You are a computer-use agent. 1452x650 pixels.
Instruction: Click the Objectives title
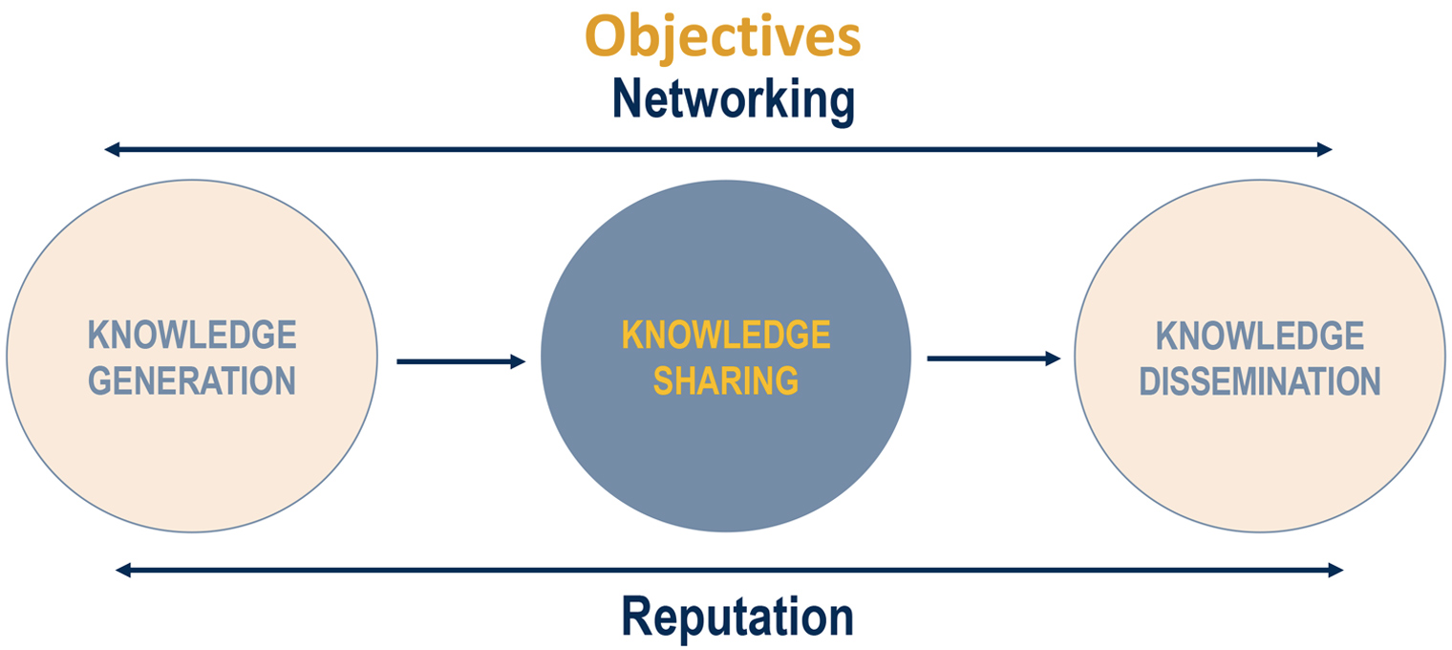pyautogui.click(x=722, y=37)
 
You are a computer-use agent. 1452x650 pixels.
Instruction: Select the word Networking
pyautogui.click(x=733, y=99)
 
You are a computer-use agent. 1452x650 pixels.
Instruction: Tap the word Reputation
pyautogui.click(x=737, y=617)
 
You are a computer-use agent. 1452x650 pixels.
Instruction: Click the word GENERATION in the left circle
pyautogui.click(x=192, y=380)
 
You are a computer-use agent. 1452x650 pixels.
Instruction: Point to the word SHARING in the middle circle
pyautogui.click(x=726, y=380)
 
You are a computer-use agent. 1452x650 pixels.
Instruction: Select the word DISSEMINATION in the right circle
pyautogui.click(x=1259, y=381)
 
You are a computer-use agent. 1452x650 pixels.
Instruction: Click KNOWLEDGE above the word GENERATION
pyautogui.click(x=192, y=336)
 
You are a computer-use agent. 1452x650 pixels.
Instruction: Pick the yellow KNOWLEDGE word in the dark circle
pyautogui.click(x=726, y=336)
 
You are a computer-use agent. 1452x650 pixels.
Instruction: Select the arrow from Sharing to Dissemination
pyautogui.click(x=993, y=358)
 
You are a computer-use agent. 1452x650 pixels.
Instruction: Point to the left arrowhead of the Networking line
pyautogui.click(x=112, y=149)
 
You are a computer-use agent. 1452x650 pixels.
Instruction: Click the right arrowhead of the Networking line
pyautogui.click(x=1324, y=149)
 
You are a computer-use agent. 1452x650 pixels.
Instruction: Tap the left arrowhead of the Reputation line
pyautogui.click(x=123, y=571)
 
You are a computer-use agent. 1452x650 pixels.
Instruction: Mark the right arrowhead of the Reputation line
pyautogui.click(x=1335, y=571)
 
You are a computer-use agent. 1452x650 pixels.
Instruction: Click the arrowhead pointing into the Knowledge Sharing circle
pyautogui.click(x=519, y=361)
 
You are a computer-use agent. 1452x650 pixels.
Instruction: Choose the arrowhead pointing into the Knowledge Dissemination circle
pyautogui.click(x=1053, y=358)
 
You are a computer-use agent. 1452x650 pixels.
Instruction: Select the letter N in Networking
pyautogui.click(x=630, y=99)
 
